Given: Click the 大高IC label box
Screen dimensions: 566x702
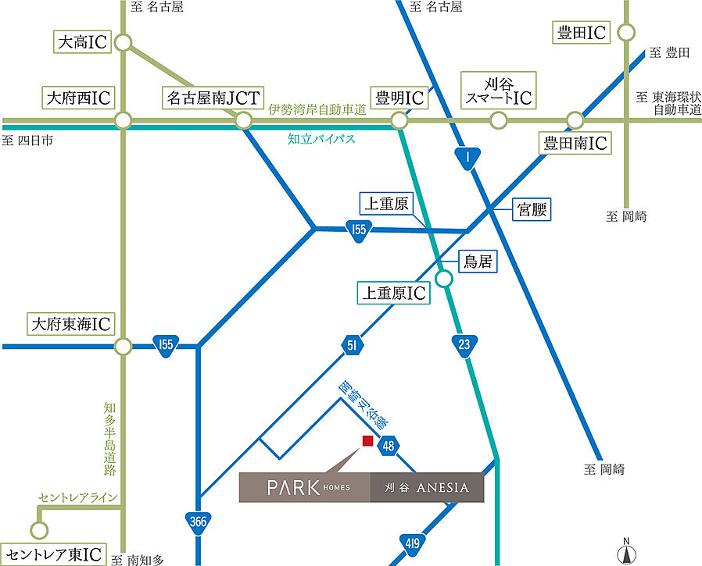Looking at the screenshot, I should pyautogui.click(x=82, y=42).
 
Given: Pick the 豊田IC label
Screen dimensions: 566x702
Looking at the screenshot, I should pyautogui.click(x=582, y=33).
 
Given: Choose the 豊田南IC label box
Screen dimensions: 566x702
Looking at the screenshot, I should pyautogui.click(x=576, y=144).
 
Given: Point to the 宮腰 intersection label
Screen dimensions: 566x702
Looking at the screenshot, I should pyautogui.click(x=532, y=209).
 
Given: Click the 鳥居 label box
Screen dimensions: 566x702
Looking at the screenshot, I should pyautogui.click(x=477, y=263).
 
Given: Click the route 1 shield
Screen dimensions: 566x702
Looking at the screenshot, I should pyautogui.click(x=467, y=159).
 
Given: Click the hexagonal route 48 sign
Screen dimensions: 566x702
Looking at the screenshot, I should pyautogui.click(x=389, y=446).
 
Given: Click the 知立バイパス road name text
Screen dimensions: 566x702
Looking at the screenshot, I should pyautogui.click(x=321, y=140).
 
